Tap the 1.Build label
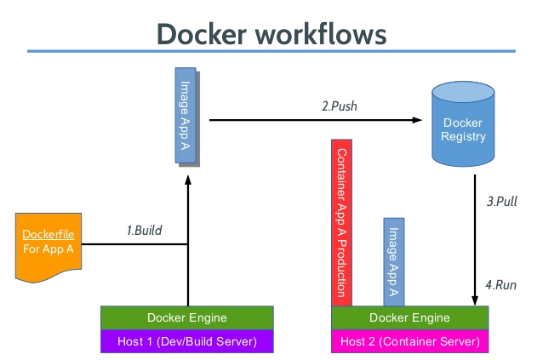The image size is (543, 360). pos(144,230)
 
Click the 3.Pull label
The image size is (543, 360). pos(501,202)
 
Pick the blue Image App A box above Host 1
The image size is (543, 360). pos(186,116)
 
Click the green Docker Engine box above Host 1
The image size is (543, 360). pos(187,317)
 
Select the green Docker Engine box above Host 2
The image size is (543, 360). pos(409,317)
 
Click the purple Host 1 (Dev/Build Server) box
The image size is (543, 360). pos(187,341)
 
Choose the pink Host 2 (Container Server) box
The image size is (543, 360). pos(409,341)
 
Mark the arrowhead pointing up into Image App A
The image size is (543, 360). pos(187,173)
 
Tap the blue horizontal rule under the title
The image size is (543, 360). pos(271,52)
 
